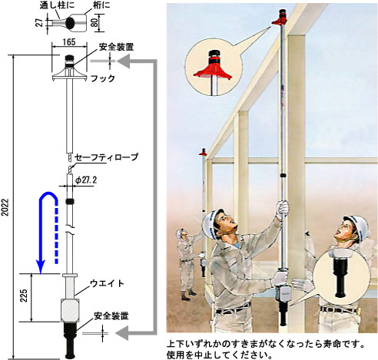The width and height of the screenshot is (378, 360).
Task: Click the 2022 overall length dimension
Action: click(5, 206)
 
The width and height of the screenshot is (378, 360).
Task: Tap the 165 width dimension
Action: click(69, 42)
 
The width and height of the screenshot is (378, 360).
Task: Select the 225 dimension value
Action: click(24, 296)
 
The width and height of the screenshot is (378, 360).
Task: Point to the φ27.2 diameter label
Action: click(86, 180)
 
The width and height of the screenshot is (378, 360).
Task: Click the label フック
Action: click(103, 78)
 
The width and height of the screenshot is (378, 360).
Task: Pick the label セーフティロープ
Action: click(106, 157)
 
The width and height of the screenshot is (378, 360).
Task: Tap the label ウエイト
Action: click(107, 283)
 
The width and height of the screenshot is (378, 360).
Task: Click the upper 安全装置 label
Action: click(117, 47)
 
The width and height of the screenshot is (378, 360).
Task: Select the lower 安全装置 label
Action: click(111, 316)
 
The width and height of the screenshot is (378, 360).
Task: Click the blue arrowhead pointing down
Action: click(41, 266)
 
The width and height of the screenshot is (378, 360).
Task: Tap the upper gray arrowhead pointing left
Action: click(124, 61)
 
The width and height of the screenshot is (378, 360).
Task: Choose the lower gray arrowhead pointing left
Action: click(122, 333)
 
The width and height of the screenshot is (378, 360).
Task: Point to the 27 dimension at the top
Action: click(40, 23)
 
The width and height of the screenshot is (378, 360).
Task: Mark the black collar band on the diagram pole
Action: click(70, 201)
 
